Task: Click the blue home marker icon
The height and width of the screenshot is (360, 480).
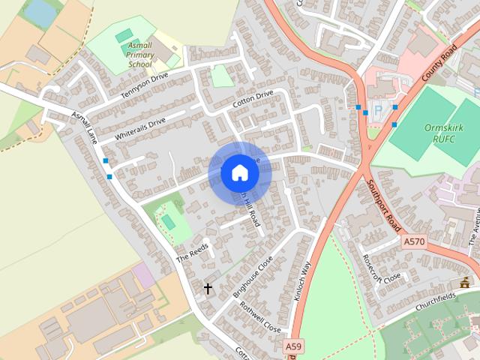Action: click(239, 173)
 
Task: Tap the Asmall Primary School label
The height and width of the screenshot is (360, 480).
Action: click(139, 55)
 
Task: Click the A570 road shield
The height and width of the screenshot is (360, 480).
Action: click(413, 241)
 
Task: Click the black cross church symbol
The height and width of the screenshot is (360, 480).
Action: click(208, 288)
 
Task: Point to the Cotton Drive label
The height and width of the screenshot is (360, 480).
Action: click(253, 99)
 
